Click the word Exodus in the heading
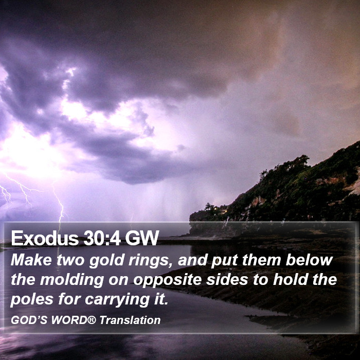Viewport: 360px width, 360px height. tap(45, 238)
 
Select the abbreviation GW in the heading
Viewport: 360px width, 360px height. tap(142, 238)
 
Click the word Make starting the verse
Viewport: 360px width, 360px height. tap(31, 260)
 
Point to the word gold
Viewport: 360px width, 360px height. tap(106, 261)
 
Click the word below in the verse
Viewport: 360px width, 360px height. tap(309, 260)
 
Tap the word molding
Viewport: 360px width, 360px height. tap(72, 280)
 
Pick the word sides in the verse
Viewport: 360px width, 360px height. tap(227, 280)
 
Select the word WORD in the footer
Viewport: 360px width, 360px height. tap(69, 320)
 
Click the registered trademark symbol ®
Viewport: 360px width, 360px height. tap(92, 319)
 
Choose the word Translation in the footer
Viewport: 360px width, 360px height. tap(130, 320)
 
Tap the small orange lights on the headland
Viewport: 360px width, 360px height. tap(221, 209)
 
